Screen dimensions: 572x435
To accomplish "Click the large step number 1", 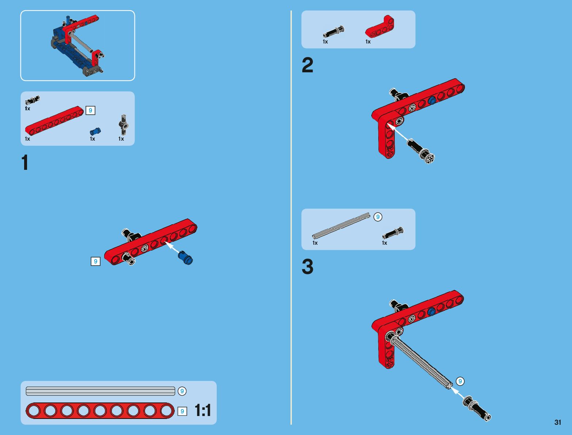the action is (x=25, y=163).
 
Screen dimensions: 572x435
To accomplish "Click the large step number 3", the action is (x=307, y=267).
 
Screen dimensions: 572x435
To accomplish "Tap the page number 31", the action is (x=558, y=422).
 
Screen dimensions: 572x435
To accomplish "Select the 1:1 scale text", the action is (x=203, y=410).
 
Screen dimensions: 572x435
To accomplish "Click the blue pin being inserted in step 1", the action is (x=185, y=258).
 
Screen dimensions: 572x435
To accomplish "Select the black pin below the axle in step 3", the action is (x=477, y=408).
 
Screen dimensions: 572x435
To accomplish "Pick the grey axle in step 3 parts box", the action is (x=341, y=225).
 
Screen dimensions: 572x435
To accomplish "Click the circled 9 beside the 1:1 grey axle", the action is (x=182, y=391).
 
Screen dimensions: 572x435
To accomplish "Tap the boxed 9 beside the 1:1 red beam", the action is (x=182, y=411).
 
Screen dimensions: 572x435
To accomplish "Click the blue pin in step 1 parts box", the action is (x=95, y=131).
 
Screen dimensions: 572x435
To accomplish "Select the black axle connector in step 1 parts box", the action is (x=124, y=125).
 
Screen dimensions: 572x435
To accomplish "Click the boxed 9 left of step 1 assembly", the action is (x=95, y=262).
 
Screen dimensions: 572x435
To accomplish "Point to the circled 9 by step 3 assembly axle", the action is (x=460, y=381).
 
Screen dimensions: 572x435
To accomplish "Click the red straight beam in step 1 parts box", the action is (x=54, y=121).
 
